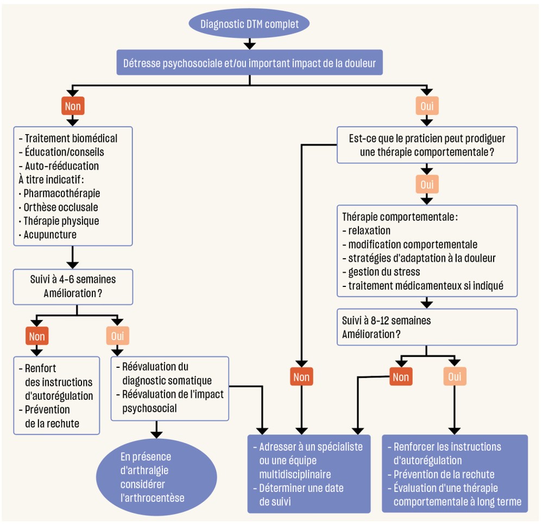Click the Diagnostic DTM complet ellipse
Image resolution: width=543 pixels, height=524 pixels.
coord(249,24)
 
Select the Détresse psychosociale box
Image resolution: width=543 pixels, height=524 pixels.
coord(249,62)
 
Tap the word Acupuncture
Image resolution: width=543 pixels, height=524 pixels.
coord(50,235)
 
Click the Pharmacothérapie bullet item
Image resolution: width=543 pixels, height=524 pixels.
coord(61,193)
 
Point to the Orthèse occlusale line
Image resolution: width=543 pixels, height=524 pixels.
coord(61,207)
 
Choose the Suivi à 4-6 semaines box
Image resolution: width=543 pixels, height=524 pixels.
coord(73,286)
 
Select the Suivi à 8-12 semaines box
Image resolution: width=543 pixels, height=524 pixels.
coord(427,327)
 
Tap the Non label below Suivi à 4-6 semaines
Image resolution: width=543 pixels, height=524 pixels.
coord(37,337)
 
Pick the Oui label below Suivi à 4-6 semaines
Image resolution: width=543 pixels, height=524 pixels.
coord(117,337)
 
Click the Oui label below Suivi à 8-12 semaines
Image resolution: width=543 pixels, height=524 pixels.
coord(455,376)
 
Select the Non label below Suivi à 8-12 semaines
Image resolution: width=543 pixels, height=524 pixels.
coord(401,376)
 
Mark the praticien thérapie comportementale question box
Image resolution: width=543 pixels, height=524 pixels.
coord(427,145)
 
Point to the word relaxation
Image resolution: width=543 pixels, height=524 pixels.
coord(369,231)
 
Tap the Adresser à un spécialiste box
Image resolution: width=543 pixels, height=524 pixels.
coord(309,474)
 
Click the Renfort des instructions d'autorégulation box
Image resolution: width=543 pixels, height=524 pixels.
coord(57,395)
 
